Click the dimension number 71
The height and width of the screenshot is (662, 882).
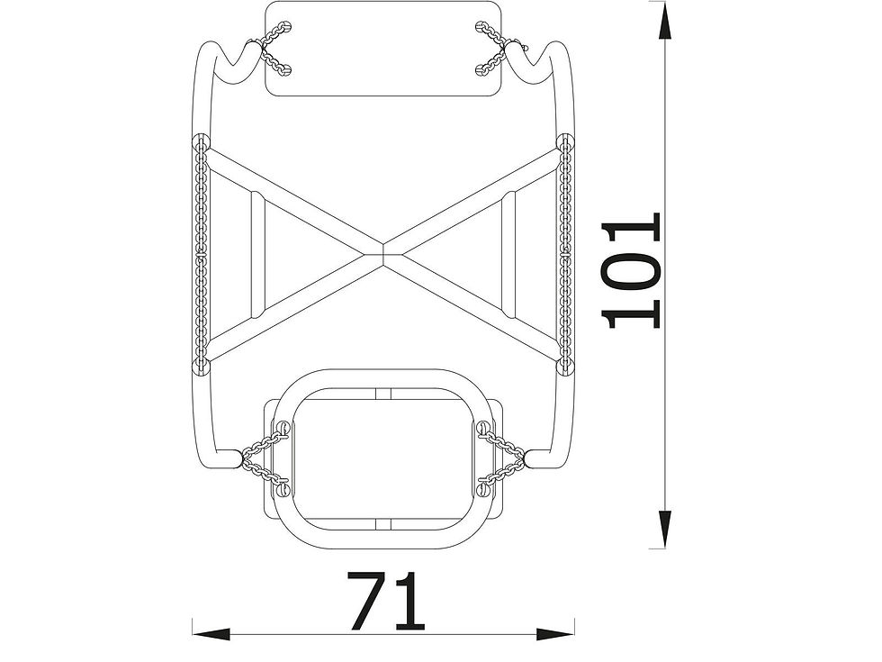click(386, 601)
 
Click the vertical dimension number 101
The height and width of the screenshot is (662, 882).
click(629, 270)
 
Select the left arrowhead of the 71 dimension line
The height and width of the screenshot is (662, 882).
click(211, 634)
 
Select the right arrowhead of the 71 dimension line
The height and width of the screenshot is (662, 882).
click(555, 634)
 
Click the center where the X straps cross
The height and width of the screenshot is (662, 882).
click(383, 251)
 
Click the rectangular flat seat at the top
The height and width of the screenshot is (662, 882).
click(383, 49)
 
